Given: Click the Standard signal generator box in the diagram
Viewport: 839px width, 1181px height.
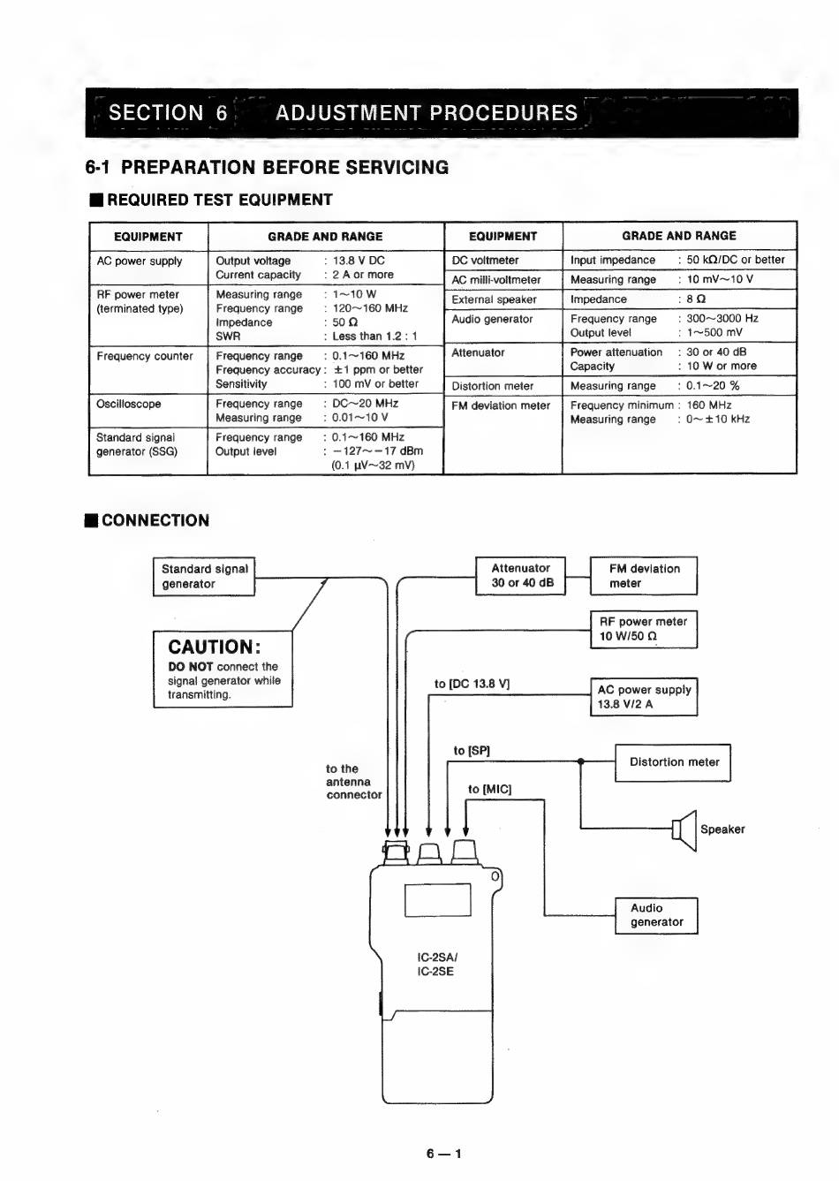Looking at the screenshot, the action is coord(204,576).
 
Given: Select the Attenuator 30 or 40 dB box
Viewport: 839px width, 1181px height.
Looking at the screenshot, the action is coord(521,576).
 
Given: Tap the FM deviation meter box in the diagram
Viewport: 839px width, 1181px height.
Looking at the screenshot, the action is coord(644,576).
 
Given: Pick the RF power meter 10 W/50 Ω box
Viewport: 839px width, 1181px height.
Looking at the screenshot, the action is coord(644,629).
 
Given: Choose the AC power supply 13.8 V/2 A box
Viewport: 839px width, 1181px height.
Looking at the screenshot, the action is coord(644,696).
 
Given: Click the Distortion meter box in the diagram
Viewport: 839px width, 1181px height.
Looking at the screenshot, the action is coord(673,762).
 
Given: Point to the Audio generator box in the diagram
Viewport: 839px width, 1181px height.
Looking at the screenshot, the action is coord(657,915).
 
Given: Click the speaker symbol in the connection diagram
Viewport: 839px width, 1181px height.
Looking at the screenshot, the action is coord(684,830).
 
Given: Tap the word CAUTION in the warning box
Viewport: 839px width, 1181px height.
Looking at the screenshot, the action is coord(214,647).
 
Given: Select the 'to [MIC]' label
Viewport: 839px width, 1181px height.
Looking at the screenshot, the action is coord(489,789).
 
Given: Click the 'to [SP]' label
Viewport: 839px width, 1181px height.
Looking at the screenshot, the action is coord(472,750).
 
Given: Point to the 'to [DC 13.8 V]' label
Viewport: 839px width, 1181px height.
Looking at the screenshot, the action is coord(472,684).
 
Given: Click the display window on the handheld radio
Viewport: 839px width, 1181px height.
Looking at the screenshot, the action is coord(437,899).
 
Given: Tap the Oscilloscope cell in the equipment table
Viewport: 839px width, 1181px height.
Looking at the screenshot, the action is coord(129,404).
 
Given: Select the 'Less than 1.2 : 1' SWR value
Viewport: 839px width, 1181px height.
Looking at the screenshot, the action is coord(374,337).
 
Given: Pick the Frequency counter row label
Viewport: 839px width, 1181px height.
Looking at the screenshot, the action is coord(145,356).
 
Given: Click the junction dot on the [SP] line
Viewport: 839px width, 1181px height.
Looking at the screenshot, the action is coord(581,761).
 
